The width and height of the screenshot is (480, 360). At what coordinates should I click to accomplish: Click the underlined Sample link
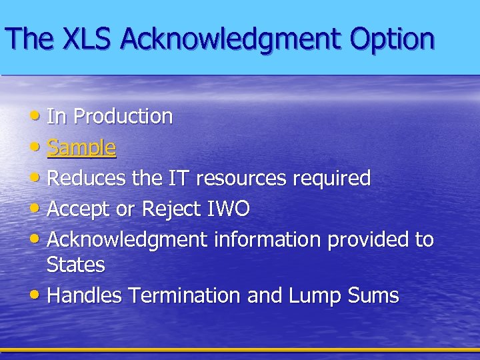[81, 147]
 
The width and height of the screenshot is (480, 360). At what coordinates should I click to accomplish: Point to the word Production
[123, 117]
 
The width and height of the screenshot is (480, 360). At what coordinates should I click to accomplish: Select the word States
[76, 265]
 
